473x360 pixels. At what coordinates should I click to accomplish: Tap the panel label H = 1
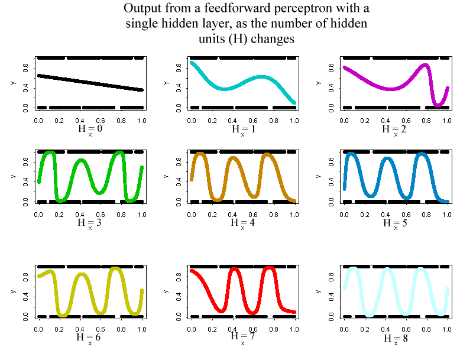(x=242, y=128)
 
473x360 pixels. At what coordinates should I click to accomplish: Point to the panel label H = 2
(x=396, y=128)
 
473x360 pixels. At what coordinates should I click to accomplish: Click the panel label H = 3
(x=90, y=222)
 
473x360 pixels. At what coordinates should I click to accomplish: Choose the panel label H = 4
(x=242, y=222)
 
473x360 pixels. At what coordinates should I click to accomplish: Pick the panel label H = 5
(x=396, y=222)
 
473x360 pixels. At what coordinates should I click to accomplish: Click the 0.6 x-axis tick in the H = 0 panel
(x=100, y=120)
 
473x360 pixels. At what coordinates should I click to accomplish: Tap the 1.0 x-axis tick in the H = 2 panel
(x=447, y=120)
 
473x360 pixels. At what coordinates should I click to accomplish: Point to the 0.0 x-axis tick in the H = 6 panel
(x=38, y=329)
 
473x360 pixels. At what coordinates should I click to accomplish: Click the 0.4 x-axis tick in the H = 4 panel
(x=232, y=213)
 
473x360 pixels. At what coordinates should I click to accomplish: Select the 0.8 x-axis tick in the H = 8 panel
(x=426, y=329)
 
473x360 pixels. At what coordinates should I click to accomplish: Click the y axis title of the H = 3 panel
(x=12, y=176)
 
